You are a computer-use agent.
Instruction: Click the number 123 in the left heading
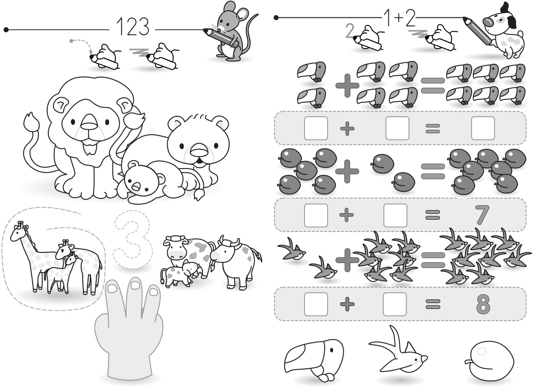tap(133, 27)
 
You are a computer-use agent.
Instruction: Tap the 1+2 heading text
tap(399, 18)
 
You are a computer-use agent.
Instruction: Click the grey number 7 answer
tap(482, 214)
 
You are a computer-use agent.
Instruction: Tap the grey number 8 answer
tap(483, 304)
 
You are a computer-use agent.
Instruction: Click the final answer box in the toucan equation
tap(483, 128)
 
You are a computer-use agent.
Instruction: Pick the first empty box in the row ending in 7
tap(316, 215)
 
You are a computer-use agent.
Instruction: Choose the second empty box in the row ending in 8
tap(395, 304)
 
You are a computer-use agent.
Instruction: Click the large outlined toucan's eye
tap(332, 350)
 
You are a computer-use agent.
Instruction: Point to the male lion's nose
tap(89, 122)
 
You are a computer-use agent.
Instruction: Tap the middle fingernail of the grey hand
tap(135, 284)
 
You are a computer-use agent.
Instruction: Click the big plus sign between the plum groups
tap(347, 172)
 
